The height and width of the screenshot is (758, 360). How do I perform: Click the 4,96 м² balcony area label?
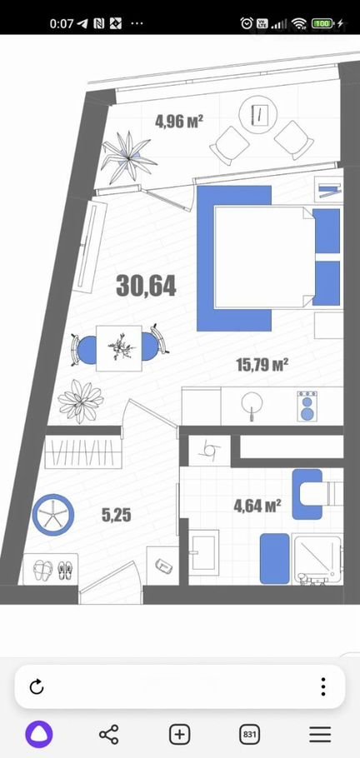pyautogui.click(x=178, y=121)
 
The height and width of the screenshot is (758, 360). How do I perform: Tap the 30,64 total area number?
pyautogui.click(x=146, y=287)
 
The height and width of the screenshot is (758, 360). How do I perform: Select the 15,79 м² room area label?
pyautogui.click(x=262, y=363)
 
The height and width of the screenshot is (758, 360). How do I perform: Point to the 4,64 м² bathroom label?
pyautogui.click(x=257, y=506)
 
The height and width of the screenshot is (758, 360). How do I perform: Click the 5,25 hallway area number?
pyautogui.click(x=117, y=516)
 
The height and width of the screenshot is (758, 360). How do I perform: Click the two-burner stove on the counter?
pyautogui.click(x=307, y=406)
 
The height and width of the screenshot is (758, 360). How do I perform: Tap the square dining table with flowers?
pyautogui.click(x=119, y=348)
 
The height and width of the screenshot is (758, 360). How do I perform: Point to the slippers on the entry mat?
pyautogui.click(x=50, y=570)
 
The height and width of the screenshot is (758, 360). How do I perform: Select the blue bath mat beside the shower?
pyautogui.click(x=275, y=558)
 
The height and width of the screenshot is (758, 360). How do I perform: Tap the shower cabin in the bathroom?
pyautogui.click(x=318, y=560)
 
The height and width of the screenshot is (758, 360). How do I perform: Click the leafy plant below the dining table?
pyautogui.click(x=81, y=401)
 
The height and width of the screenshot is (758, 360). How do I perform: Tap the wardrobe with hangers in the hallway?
pyautogui.click(x=82, y=452)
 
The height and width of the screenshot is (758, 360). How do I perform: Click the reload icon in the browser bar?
pyautogui.click(x=37, y=686)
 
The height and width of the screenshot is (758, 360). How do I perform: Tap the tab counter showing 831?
pyautogui.click(x=250, y=735)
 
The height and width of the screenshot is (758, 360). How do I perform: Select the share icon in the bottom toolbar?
pyautogui.click(x=109, y=735)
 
